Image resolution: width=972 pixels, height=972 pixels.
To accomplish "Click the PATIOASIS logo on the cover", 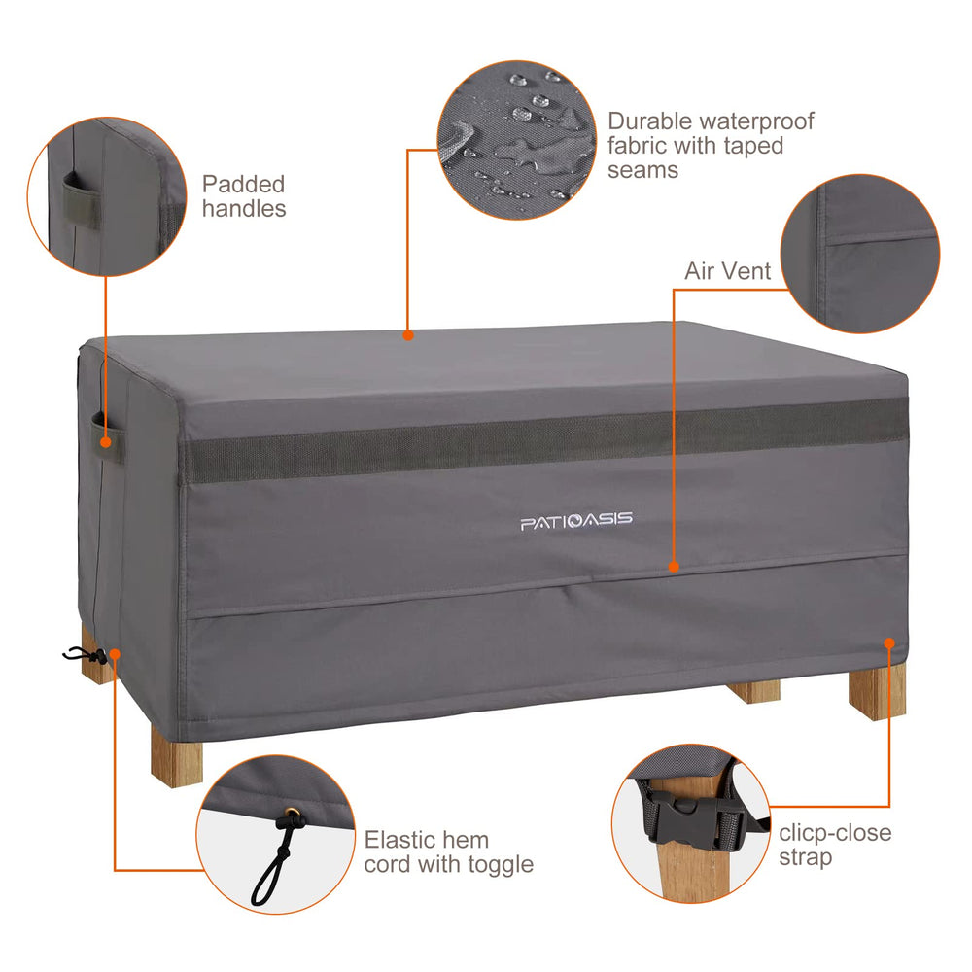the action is tap(576, 521).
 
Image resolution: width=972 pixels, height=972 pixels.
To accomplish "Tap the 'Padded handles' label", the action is tap(244, 196).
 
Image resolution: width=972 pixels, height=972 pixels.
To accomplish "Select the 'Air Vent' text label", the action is tap(727, 271).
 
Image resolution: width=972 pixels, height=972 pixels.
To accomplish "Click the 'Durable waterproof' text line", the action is tap(711, 121).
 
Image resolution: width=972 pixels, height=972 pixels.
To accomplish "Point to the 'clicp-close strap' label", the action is tap(835, 845).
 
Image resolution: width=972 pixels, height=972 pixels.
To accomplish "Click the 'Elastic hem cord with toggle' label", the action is tap(448, 851).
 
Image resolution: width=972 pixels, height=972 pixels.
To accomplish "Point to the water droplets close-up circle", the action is tap(517, 140).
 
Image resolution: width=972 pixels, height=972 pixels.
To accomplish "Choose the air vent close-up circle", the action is tap(860, 254).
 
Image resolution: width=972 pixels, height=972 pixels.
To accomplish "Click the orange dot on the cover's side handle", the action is tap(106, 442).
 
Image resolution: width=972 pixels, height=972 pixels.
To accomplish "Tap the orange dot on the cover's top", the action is tap(408, 335).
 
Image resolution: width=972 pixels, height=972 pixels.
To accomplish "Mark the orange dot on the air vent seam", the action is tap(674, 566).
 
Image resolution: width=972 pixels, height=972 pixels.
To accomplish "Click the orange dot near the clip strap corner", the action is tap(889, 642).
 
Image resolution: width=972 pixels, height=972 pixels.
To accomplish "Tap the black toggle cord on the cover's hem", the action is tap(83, 654).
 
